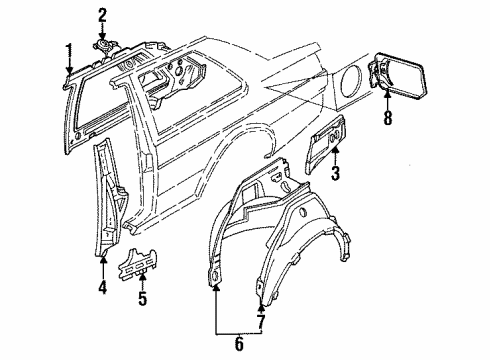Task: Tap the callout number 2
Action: pyautogui.click(x=102, y=16)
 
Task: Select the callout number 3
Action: pyautogui.click(x=335, y=173)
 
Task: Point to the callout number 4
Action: pyautogui.click(x=103, y=287)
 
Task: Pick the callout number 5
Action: pyautogui.click(x=142, y=299)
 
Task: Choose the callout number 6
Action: pyautogui.click(x=239, y=344)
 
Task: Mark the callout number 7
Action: pyautogui.click(x=260, y=322)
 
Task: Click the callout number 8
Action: pyautogui.click(x=387, y=118)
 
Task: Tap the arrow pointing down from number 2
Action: pyautogui.click(x=102, y=32)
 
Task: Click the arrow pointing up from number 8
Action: pyautogui.click(x=387, y=100)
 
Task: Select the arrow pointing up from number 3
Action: pyautogui.click(x=336, y=156)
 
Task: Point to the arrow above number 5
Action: pyautogui.click(x=143, y=281)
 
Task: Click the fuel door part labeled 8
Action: pyautogui.click(x=397, y=76)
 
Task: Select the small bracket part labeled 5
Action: pyautogui.click(x=137, y=264)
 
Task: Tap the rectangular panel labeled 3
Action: pyautogui.click(x=326, y=145)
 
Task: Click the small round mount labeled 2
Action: pyautogui.click(x=104, y=47)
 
